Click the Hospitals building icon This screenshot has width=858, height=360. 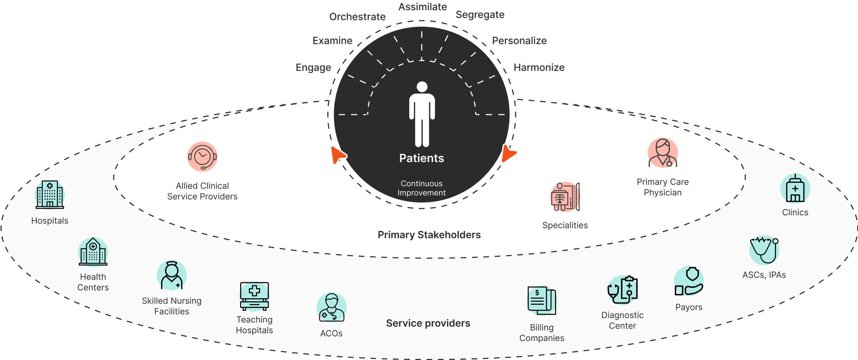[x=50, y=194]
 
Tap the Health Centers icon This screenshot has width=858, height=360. [x=93, y=251]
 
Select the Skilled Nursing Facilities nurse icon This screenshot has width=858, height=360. [x=172, y=275]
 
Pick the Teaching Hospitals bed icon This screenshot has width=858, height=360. [x=254, y=296]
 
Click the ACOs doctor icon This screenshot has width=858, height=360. [x=331, y=307]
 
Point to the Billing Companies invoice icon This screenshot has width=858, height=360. [x=542, y=301]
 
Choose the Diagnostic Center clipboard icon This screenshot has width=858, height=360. [x=622, y=290]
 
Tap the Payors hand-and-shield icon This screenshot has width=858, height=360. [x=689, y=281]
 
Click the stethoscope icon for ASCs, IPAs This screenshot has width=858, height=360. [x=764, y=250]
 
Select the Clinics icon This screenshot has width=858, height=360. [x=795, y=188]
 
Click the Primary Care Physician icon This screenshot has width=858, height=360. [x=663, y=153]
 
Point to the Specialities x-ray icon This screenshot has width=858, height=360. [x=565, y=197]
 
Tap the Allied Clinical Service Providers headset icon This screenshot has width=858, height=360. [x=202, y=157]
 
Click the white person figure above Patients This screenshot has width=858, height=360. [x=422, y=114]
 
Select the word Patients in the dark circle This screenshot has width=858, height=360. [x=422, y=158]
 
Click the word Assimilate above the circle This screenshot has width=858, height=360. [x=423, y=7]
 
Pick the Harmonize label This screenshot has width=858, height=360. [x=539, y=67]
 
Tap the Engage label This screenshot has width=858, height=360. [x=313, y=68]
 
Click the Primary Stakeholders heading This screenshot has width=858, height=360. [x=429, y=235]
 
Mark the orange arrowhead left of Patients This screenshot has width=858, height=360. [x=338, y=155]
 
